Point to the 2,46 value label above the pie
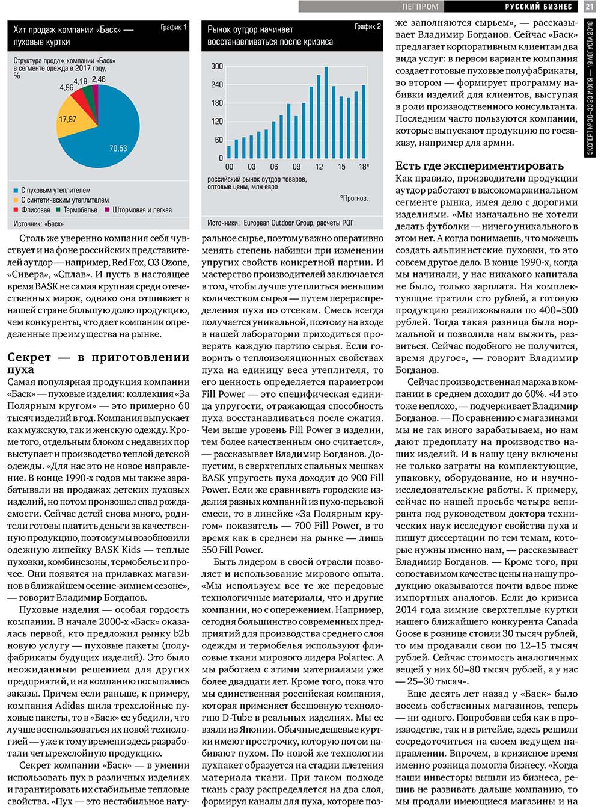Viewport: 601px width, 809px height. pyautogui.click(x=99, y=79)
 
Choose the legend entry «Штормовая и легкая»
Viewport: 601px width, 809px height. pyautogui.click(x=138, y=210)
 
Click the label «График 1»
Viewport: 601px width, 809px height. pyautogui.click(x=173, y=28)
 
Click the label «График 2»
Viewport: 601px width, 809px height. pyautogui.click(x=367, y=27)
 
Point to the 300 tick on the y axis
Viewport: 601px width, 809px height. pyautogui.click(x=217, y=66)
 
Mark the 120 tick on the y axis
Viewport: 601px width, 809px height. pyautogui.click(x=217, y=122)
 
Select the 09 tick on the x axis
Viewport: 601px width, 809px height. pyautogui.click(x=296, y=167)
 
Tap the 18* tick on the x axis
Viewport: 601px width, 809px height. pyautogui.click(x=364, y=167)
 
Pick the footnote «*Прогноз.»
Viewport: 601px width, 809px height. pyautogui.click(x=354, y=198)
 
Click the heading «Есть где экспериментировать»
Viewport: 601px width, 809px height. pyautogui.click(x=480, y=165)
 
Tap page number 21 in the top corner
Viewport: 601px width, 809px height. pyautogui.click(x=589, y=6)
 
